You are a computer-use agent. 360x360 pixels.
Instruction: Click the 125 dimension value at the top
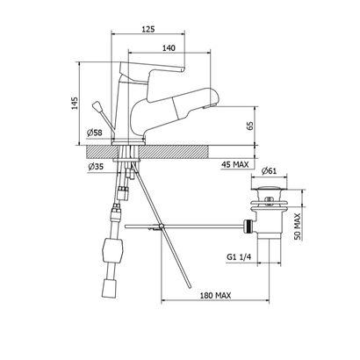148,29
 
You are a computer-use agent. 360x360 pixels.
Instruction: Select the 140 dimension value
169,48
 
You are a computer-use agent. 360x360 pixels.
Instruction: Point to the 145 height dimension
76,103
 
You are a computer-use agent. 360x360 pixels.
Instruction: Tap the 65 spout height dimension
250,126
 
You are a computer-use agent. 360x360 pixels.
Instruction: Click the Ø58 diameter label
94,133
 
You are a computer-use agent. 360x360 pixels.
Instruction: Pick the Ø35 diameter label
96,167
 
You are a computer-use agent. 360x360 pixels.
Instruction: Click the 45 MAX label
234,164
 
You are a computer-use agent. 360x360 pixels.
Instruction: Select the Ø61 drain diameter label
270,170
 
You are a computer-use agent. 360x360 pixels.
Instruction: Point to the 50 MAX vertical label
298,227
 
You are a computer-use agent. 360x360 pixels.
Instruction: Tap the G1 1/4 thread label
239,257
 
